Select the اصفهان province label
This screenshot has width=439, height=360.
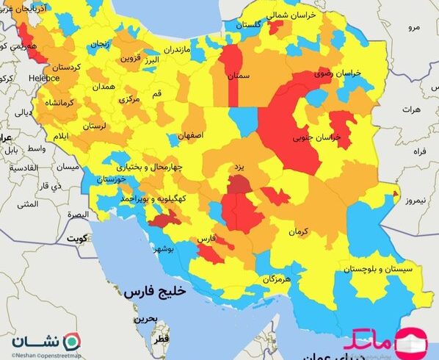(x=189, y=137)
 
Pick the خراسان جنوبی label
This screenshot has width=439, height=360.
(x=308, y=137)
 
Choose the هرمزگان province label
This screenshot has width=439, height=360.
(x=276, y=279)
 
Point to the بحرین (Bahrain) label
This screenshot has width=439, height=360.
(x=144, y=320)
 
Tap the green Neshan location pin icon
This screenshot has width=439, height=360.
(x=72, y=342)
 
